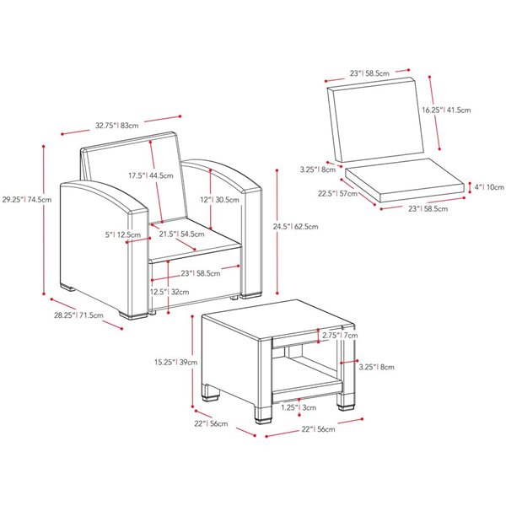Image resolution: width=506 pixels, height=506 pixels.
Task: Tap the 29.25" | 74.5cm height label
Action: pos(26,200)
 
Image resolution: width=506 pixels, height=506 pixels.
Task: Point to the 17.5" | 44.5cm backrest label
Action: pos(151,176)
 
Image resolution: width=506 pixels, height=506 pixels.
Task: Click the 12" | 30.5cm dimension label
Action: pos(205,200)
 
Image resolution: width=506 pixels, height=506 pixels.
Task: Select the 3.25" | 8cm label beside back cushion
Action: pos(317,169)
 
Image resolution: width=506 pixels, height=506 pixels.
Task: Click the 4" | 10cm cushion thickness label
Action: pos(487,186)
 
